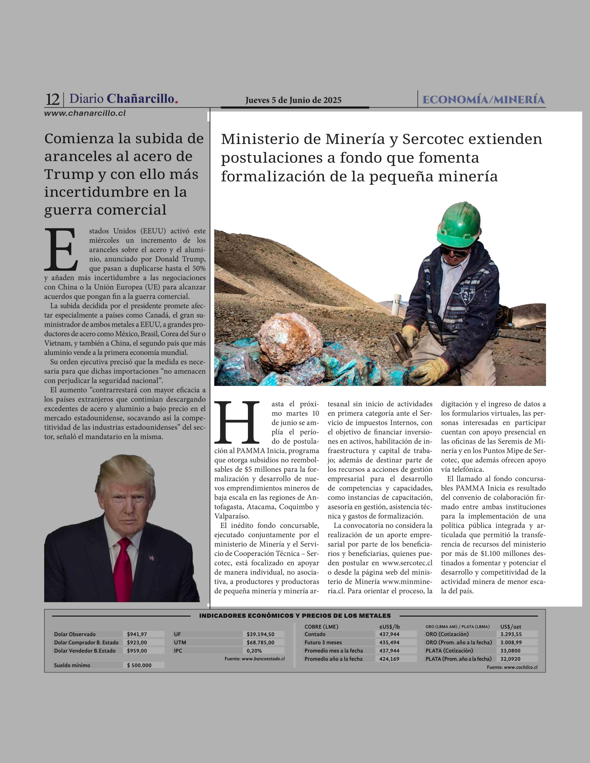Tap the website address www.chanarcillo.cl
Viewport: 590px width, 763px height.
85,113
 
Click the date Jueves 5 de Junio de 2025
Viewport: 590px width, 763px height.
293,100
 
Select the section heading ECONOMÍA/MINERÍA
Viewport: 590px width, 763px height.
483,100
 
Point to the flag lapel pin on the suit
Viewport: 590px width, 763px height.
151,558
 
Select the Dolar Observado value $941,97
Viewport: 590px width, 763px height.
137,634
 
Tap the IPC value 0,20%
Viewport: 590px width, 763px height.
254,650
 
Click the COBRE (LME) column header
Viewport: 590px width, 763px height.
321,627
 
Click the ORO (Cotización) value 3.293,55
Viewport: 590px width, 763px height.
511,634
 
